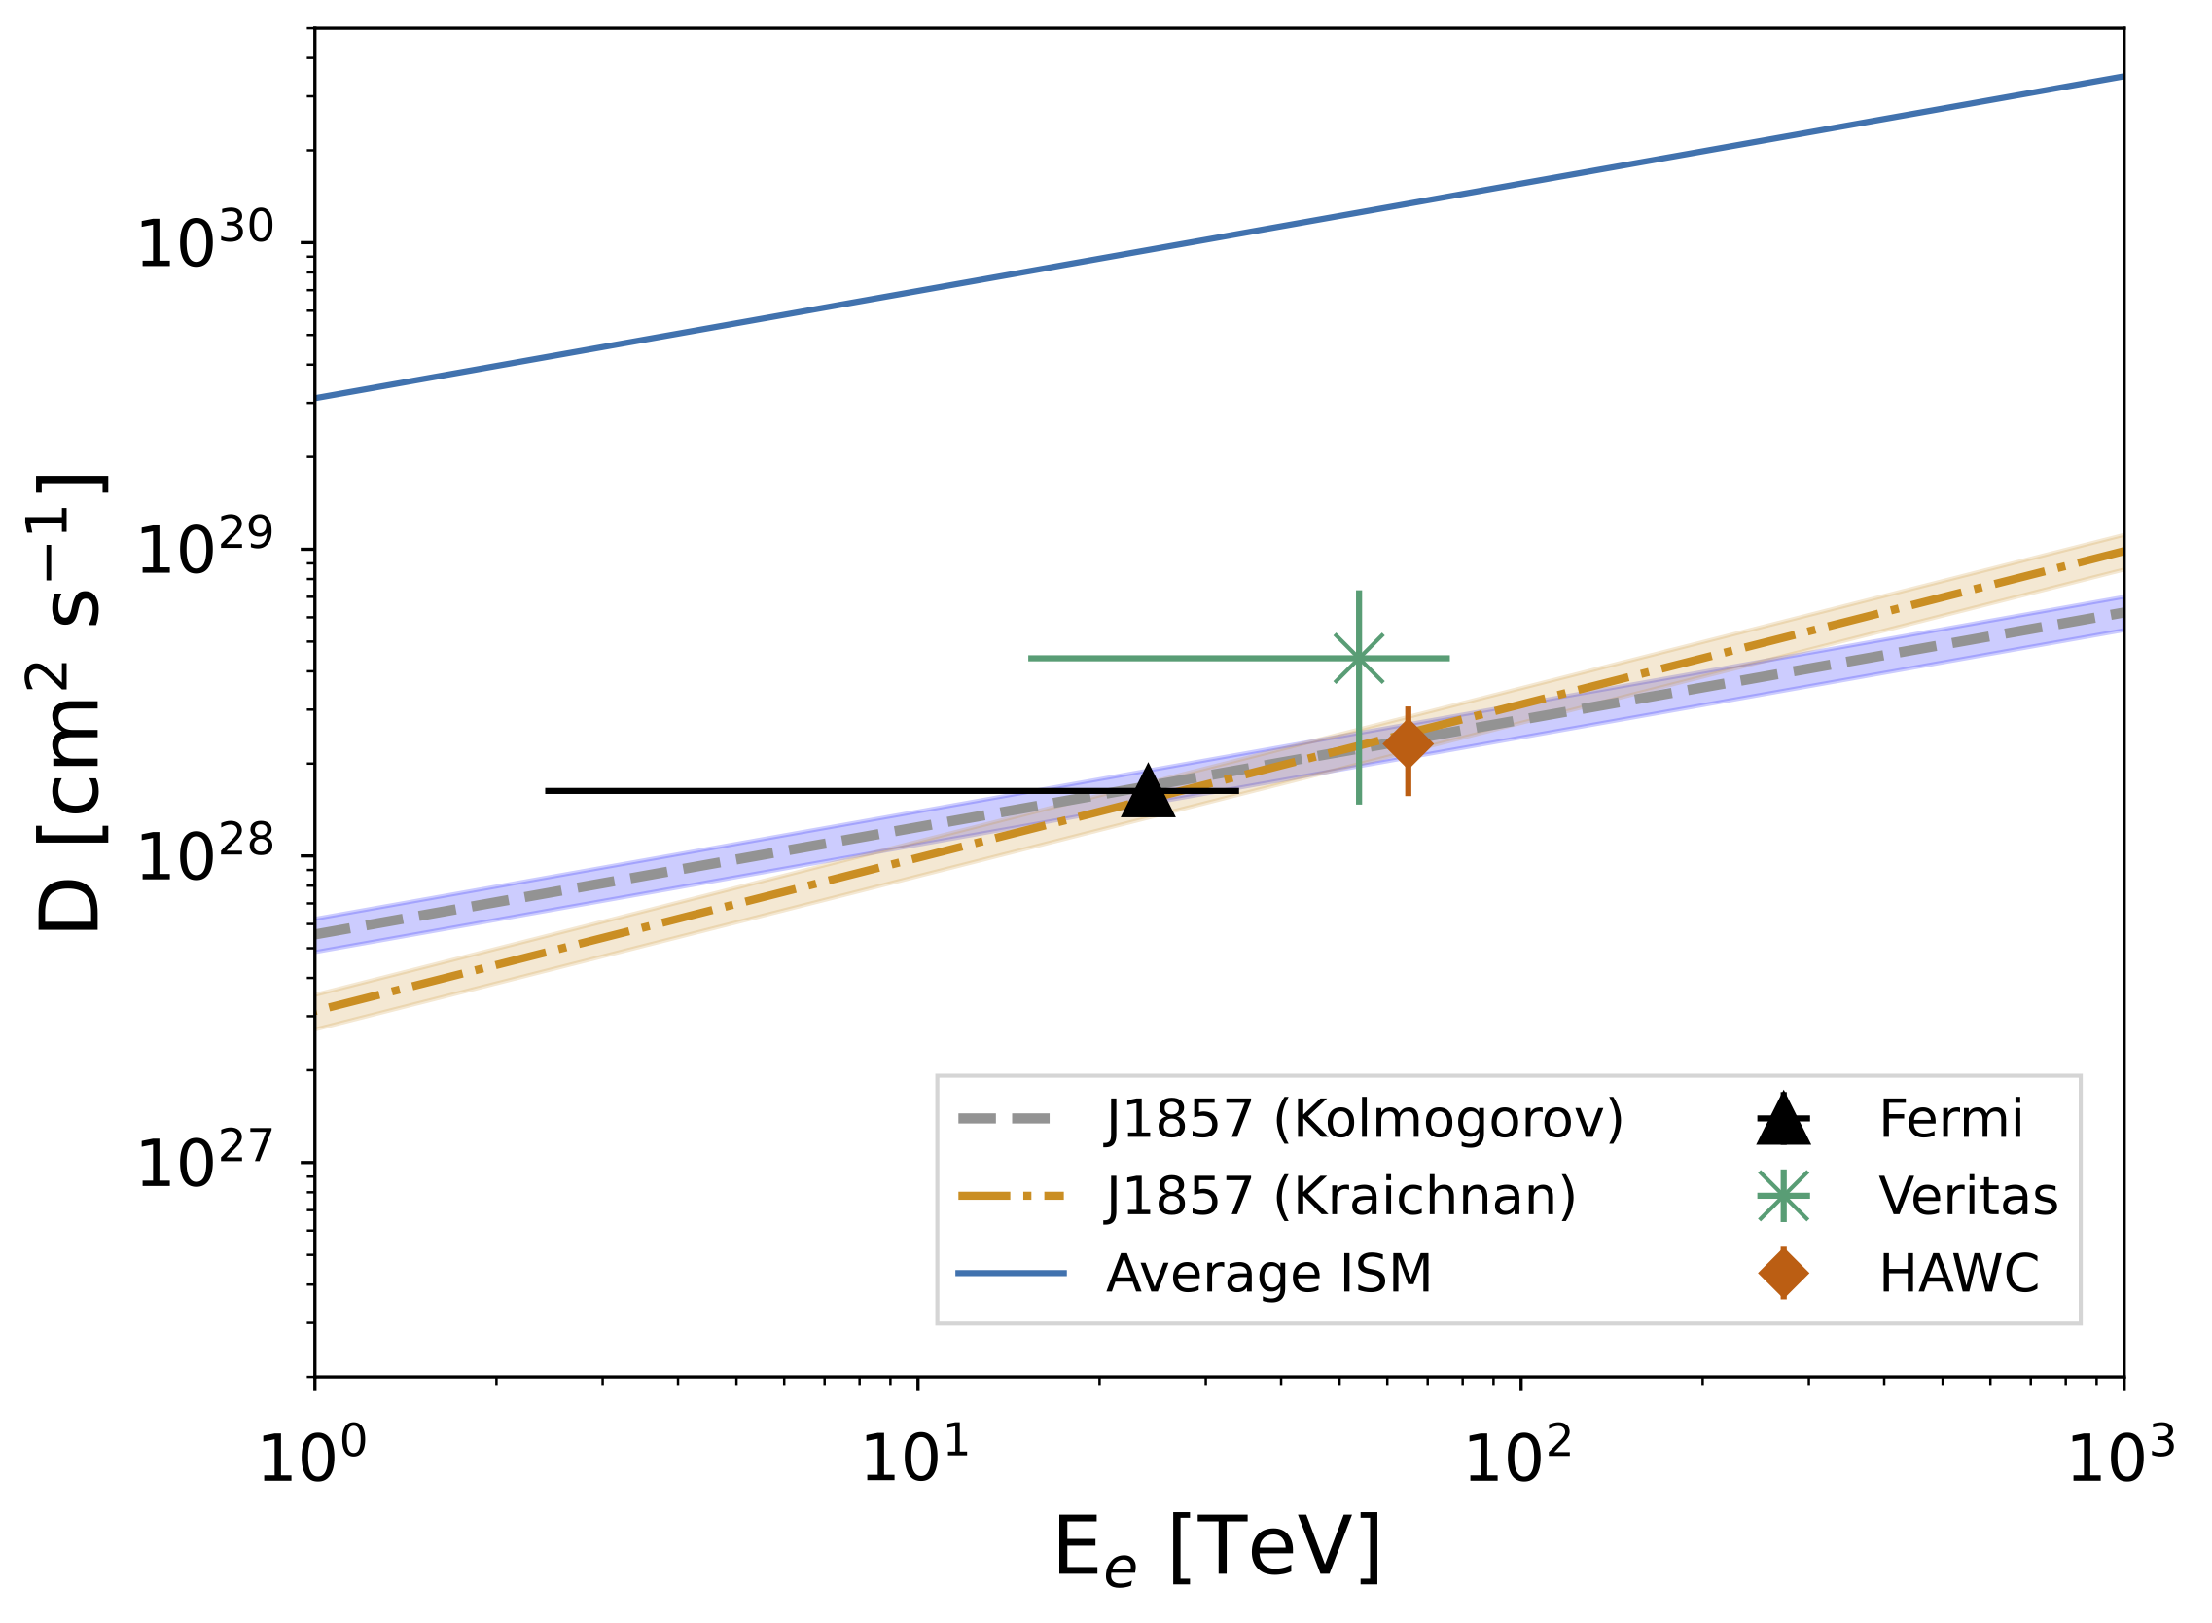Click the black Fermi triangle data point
click(x=1147, y=791)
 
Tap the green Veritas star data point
click(x=1359, y=658)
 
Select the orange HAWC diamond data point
click(x=1408, y=744)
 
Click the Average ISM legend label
click(x=1269, y=1274)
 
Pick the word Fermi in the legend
click(x=1950, y=1119)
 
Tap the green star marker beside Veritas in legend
click(x=1783, y=1197)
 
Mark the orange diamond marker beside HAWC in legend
click(x=1783, y=1274)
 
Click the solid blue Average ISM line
click(x=1219, y=236)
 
